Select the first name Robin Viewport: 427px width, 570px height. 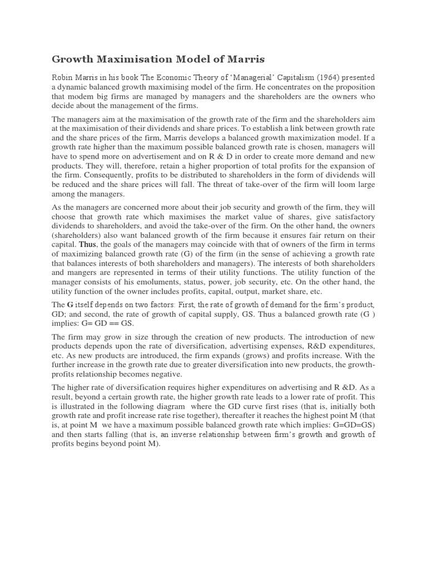tap(63, 78)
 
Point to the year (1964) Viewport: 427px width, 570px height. tap(325, 78)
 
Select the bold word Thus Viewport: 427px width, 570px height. tap(87, 244)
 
